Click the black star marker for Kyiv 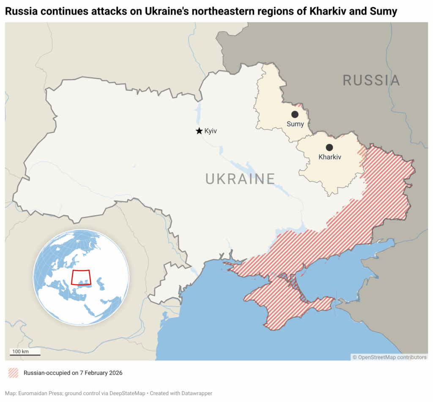tap(199, 131)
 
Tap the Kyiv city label tap(211, 131)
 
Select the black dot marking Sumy tap(295, 115)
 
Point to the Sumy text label tap(295, 124)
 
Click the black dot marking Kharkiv tap(329, 148)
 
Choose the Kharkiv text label tap(329, 157)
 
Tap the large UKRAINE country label tap(240, 179)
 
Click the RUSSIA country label tap(371, 80)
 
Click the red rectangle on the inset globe tap(81, 277)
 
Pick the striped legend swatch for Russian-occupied tap(14, 373)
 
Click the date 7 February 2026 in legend tap(99, 373)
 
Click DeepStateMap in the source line tap(127, 393)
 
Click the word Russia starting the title tap(20, 12)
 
